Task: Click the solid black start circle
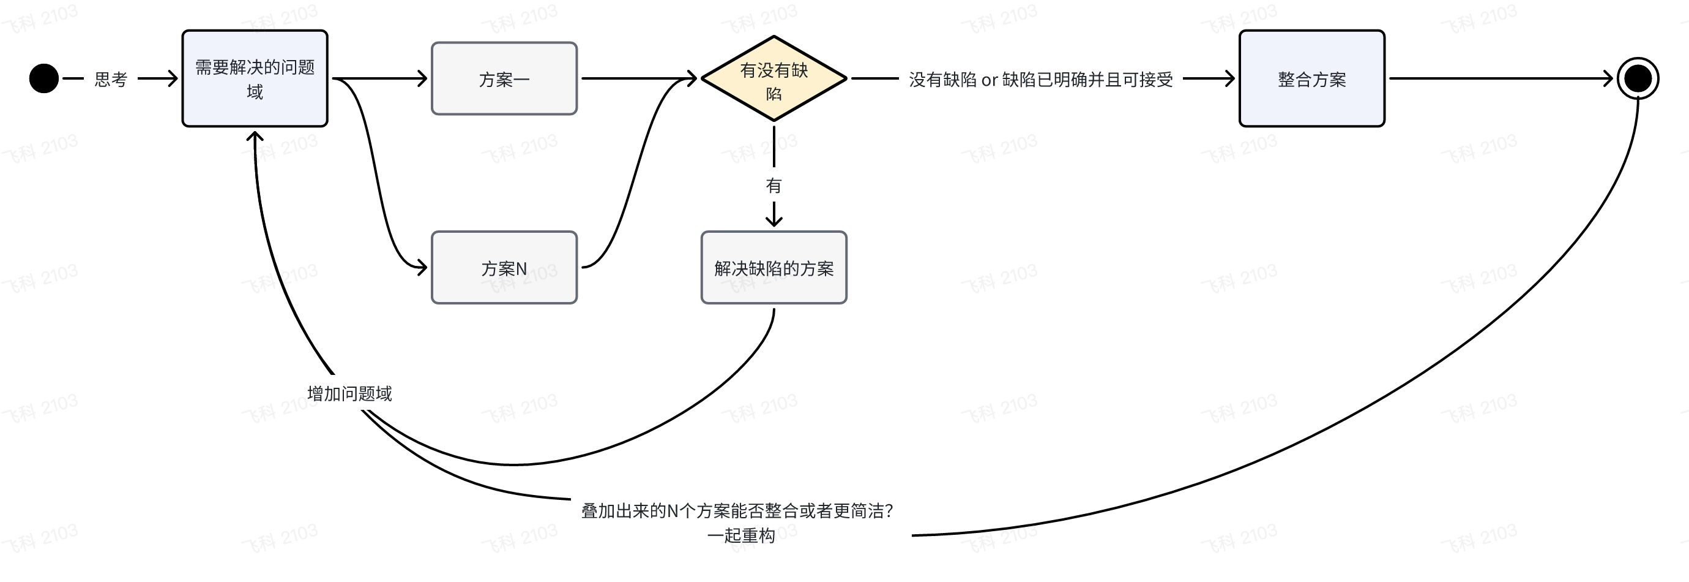pos(44,79)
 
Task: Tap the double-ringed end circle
pos(1638,79)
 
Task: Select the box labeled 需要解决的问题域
pos(255,79)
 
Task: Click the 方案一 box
pos(504,79)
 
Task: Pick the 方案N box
pos(504,268)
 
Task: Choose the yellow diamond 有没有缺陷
pos(774,79)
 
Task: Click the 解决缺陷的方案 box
pos(774,268)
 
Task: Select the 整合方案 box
pos(1311,79)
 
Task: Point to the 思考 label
pos(111,80)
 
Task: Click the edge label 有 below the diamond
pos(774,186)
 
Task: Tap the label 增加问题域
pos(349,394)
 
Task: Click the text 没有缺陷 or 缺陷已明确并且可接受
pos(1040,80)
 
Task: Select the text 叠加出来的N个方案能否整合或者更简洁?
pos(737,510)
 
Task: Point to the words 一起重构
pos(741,535)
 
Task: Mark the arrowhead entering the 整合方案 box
pos(1230,79)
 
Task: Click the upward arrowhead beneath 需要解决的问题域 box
pos(255,136)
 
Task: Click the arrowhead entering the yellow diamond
pos(692,79)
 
